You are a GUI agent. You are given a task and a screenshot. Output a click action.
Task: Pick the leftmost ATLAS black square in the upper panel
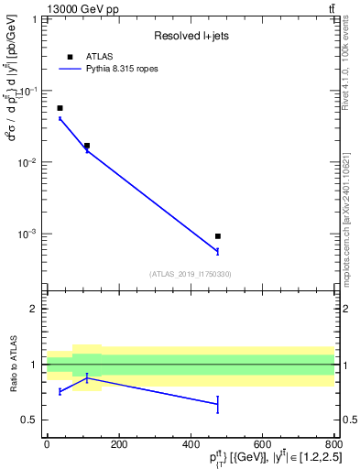[x=60, y=108]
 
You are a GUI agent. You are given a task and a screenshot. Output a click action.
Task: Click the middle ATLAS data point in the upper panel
[x=87, y=146]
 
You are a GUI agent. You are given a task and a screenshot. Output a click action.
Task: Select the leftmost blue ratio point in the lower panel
[x=60, y=391]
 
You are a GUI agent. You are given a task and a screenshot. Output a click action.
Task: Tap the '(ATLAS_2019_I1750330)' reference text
[x=191, y=274]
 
